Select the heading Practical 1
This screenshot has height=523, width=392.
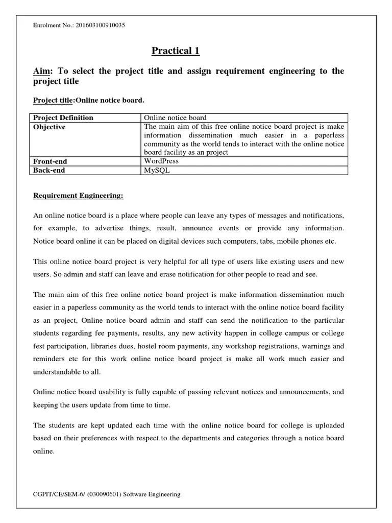(176, 51)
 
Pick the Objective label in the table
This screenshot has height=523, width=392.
(50, 127)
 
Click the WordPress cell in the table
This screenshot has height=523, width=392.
(161, 161)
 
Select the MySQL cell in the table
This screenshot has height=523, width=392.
(157, 170)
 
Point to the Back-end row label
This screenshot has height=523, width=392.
(49, 170)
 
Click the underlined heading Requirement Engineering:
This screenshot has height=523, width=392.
(78, 195)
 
